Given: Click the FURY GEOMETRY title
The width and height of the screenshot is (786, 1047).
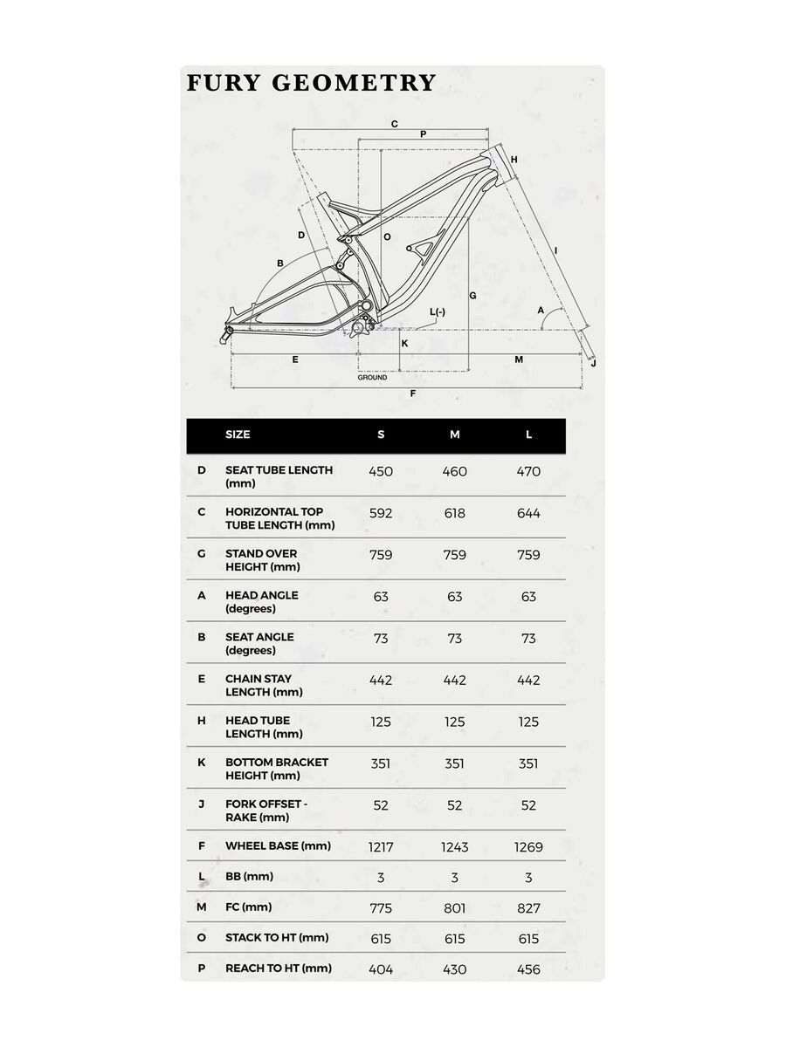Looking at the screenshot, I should click(311, 83).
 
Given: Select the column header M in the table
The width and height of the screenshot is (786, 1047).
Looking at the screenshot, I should click(454, 435).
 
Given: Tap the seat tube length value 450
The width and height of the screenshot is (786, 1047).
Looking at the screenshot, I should click(381, 471).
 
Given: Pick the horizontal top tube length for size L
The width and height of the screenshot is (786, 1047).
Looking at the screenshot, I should click(528, 513).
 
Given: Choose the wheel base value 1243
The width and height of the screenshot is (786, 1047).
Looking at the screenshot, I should click(454, 846).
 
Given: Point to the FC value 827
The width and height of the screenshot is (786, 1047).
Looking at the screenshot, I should click(528, 908).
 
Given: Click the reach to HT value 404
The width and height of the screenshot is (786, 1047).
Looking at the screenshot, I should click(381, 969).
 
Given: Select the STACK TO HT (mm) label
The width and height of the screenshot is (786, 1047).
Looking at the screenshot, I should click(277, 937).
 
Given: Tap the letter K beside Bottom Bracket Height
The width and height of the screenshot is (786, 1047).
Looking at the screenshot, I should click(202, 762).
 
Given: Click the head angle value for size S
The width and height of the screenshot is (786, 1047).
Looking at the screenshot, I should click(381, 597).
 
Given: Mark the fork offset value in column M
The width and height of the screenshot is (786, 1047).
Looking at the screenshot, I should click(454, 805).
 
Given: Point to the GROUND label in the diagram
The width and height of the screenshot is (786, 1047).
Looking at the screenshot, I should click(372, 378).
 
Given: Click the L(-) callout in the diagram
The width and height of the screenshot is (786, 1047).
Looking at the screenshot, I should click(438, 312).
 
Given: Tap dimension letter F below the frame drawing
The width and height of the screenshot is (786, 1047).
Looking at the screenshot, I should click(412, 394).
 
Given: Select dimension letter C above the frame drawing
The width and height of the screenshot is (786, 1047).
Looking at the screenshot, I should click(395, 124).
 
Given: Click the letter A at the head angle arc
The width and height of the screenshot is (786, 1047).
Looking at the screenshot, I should click(541, 310).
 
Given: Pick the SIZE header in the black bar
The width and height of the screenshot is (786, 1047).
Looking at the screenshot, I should click(238, 435).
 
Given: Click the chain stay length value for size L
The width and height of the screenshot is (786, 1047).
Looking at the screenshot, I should click(528, 680).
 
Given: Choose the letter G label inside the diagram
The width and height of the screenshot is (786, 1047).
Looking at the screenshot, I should click(472, 296).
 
